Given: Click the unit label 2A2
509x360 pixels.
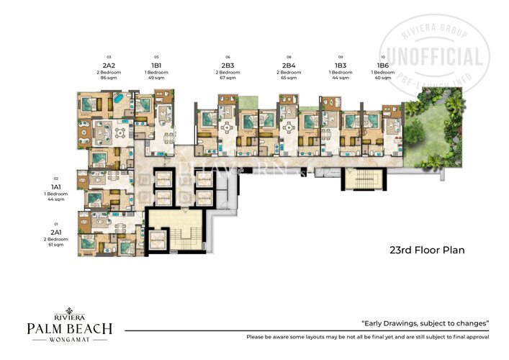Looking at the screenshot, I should click(109, 64).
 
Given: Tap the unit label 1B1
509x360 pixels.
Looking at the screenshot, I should click(156, 64).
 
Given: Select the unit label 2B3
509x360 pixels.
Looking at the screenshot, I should click(228, 64).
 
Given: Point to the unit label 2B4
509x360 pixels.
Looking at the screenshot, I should click(289, 64).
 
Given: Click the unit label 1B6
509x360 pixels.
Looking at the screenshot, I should click(383, 64).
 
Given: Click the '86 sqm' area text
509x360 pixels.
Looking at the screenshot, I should click(109, 78).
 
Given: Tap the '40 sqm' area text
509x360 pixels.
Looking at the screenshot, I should click(383, 78).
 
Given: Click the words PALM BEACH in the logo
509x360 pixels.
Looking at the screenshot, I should click(69, 329).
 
